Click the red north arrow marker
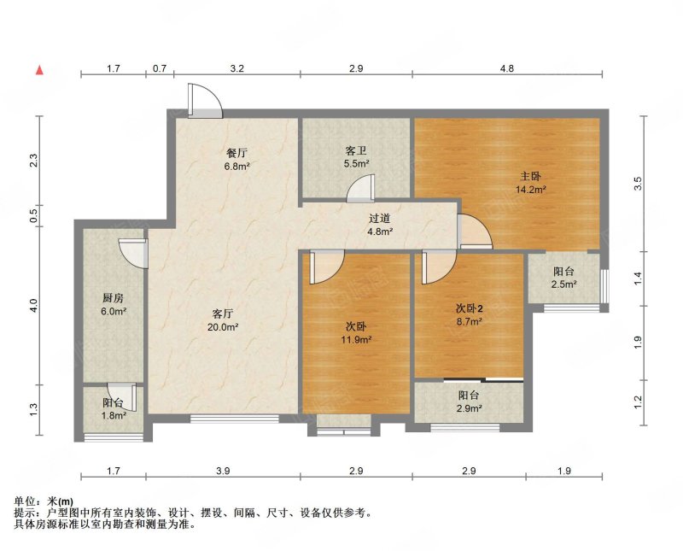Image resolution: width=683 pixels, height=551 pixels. point(39,70)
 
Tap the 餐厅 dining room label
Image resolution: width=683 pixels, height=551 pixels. point(237,154)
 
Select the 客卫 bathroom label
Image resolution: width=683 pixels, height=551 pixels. point(356,151)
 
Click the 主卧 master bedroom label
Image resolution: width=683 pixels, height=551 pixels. point(530,177)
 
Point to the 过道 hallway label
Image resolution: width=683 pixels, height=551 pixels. point(380,219)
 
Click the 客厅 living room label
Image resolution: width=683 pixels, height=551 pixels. point(223,314)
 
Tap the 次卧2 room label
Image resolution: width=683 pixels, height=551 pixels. point(469,308)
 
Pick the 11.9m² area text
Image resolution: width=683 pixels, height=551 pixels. point(356,340)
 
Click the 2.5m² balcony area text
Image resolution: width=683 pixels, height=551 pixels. point(564,284)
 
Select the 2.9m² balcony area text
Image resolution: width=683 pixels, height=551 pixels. point(469,408)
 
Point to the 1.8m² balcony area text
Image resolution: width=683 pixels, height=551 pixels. point(114,415)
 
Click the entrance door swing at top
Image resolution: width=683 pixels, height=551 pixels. point(206,101)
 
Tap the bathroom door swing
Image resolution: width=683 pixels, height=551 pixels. point(360,188)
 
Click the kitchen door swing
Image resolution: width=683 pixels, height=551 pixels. point(132,253)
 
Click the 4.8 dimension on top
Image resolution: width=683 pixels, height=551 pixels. point(507,68)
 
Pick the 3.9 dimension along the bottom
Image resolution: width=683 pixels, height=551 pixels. point(223,471)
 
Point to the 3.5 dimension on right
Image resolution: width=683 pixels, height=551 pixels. point(638,183)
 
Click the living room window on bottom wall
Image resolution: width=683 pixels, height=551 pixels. point(234,419)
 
